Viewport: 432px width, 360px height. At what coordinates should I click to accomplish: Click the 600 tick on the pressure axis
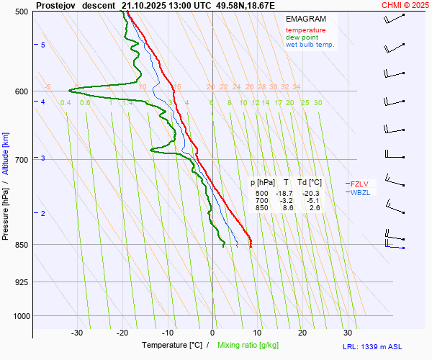point(21,91)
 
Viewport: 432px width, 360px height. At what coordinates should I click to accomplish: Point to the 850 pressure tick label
point(21,245)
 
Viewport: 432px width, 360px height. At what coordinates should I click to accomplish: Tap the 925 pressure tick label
point(21,282)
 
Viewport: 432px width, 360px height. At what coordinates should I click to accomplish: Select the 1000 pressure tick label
point(19,316)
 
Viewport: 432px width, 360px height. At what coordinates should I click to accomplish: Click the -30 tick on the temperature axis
point(77,333)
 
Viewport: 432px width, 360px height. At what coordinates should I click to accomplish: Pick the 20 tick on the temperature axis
point(302,333)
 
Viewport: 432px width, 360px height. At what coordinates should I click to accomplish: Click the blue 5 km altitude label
point(43,45)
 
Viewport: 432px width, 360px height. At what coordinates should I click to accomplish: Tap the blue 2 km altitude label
point(43,214)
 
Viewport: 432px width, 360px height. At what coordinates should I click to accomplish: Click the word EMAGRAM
point(305,18)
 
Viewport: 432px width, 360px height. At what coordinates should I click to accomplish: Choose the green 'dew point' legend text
point(302,37)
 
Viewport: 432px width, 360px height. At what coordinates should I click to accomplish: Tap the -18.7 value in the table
point(284,194)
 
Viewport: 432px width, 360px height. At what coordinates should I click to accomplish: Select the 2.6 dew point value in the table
point(315,207)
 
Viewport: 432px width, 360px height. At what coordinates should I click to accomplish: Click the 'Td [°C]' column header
point(310,183)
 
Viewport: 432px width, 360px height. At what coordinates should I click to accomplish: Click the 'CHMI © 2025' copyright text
point(405,5)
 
